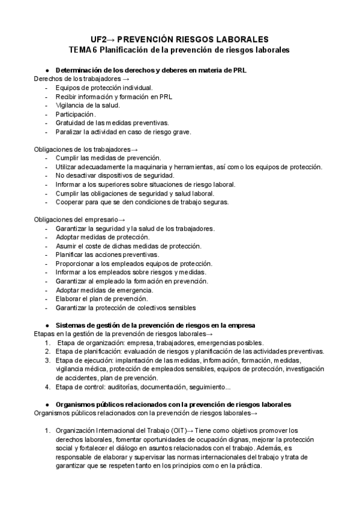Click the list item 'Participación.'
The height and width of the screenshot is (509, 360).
click(75, 113)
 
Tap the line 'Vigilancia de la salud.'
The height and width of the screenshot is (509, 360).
click(88, 105)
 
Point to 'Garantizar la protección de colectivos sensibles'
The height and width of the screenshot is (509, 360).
click(125, 307)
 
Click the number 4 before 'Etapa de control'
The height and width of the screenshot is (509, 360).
click(47, 387)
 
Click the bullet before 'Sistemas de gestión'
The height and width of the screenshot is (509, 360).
click(47, 325)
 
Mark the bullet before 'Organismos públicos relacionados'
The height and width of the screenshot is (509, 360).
click(47, 405)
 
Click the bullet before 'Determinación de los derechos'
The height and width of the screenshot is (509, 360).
click(47, 70)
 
